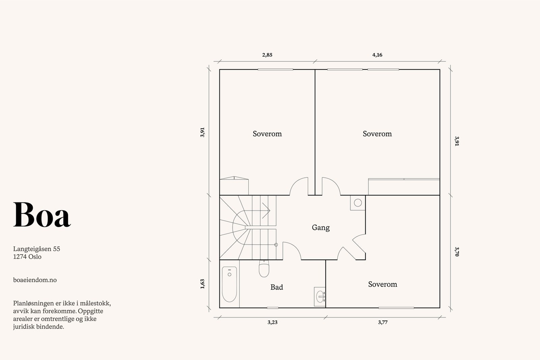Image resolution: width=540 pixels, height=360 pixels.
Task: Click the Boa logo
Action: tap(42, 215)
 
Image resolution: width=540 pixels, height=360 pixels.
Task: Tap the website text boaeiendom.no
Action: tap(35, 280)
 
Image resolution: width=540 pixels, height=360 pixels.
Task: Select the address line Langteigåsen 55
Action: tap(37, 249)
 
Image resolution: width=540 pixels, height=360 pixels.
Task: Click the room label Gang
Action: tap(321, 228)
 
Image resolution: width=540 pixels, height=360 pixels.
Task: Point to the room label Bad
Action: tap(276, 287)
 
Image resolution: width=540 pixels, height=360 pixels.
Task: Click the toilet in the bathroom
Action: tap(264, 269)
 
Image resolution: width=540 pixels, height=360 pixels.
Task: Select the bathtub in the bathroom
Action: tap(229, 284)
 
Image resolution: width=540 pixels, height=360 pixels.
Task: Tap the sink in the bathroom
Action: tap(320, 297)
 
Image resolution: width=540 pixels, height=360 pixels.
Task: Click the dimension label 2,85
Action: tap(267, 55)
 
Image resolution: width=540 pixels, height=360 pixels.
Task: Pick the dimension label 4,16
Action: tap(377, 55)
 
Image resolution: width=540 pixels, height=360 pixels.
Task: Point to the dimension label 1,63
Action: tap(202, 284)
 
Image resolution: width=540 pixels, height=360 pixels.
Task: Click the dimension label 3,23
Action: tap(272, 323)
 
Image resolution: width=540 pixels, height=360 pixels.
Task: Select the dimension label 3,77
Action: tap(383, 323)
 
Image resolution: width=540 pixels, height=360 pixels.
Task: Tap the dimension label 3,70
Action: tap(457, 252)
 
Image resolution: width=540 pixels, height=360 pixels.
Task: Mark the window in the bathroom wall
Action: tap(273, 308)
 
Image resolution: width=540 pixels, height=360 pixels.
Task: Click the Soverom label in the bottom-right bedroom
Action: tap(383, 284)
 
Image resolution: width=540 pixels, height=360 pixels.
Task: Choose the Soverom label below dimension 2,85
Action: tap(267, 134)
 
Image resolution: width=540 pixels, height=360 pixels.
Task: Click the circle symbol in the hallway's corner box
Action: tap(358, 203)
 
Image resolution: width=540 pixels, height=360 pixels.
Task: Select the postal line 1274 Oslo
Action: tap(27, 257)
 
